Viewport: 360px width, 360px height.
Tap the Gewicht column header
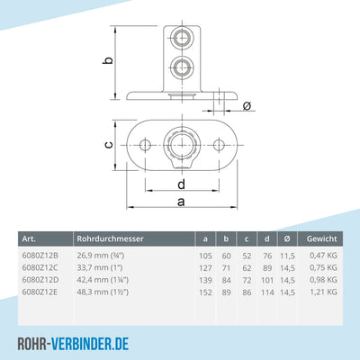click(320, 239)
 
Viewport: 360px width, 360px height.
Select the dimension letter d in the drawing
click(182, 185)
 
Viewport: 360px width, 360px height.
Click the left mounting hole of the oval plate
click(144, 145)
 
